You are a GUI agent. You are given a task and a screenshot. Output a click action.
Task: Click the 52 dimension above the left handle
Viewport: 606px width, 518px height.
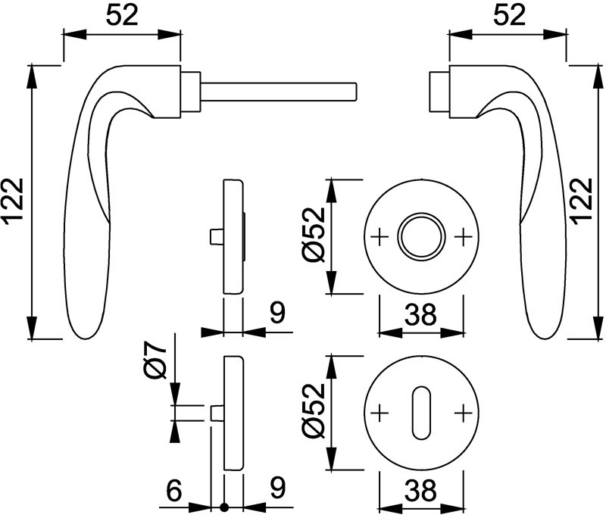(122, 16)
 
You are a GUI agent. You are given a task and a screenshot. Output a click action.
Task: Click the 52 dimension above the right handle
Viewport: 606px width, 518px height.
(510, 16)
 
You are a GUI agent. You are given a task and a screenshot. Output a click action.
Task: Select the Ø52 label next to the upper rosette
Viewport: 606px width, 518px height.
(313, 236)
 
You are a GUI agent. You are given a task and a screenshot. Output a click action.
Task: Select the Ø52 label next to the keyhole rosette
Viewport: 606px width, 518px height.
(313, 411)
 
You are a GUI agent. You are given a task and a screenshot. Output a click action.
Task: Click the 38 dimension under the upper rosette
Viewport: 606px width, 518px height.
(420, 314)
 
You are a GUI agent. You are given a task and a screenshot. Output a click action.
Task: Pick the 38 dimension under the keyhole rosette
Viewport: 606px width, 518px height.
(420, 490)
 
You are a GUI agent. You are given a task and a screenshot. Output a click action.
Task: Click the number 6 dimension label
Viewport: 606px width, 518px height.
(174, 491)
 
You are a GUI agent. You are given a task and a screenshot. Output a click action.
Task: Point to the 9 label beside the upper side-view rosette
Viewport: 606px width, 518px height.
(277, 313)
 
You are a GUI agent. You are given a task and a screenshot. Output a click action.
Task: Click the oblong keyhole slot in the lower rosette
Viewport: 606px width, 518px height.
(421, 413)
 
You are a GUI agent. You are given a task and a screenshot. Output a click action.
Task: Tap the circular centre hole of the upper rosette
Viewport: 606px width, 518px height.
(421, 236)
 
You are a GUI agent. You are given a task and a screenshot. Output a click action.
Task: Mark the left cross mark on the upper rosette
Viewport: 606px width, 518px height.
(380, 236)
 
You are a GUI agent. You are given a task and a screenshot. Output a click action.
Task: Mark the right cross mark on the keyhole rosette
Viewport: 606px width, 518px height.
(463, 413)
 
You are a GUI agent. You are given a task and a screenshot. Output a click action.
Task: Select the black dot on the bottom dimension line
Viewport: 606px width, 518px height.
(223, 506)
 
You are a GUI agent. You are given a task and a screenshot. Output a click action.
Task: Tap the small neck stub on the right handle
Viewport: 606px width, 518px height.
(439, 92)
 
